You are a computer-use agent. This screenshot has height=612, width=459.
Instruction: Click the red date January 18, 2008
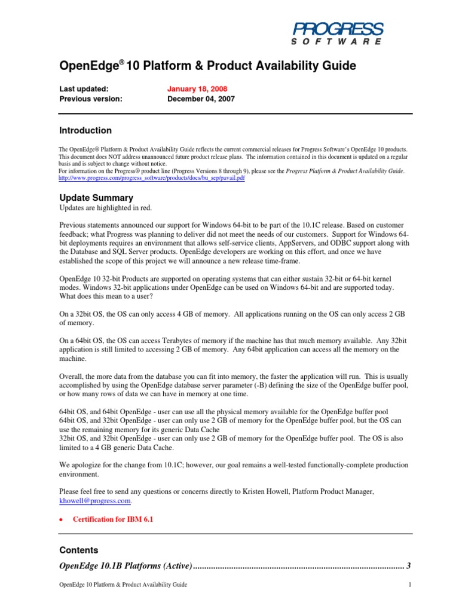point(197,88)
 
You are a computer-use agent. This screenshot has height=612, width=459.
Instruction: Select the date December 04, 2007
point(201,99)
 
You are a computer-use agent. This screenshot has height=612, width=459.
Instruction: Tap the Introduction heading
point(85,130)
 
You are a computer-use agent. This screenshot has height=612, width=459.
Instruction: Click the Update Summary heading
point(96,198)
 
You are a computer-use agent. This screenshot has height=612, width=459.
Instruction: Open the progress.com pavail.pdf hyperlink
point(152,178)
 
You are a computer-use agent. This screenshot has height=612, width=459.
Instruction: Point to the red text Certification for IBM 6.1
point(113,519)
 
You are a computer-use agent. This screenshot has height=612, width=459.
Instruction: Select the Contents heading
point(79,550)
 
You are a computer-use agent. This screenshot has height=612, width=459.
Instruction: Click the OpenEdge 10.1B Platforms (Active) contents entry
point(126,565)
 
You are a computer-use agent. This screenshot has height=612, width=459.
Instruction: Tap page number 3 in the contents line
point(408,565)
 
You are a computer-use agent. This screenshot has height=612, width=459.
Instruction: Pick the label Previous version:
point(90,99)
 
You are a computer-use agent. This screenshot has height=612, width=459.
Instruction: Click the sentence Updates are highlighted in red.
point(106,207)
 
